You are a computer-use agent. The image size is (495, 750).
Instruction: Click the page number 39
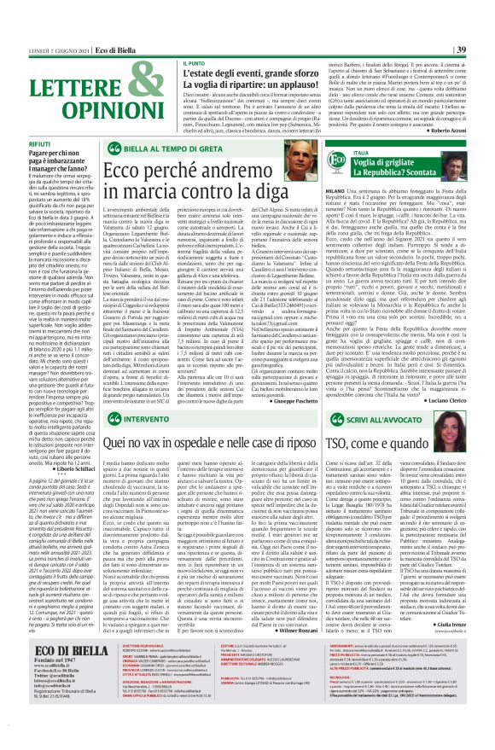pos(483,8)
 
